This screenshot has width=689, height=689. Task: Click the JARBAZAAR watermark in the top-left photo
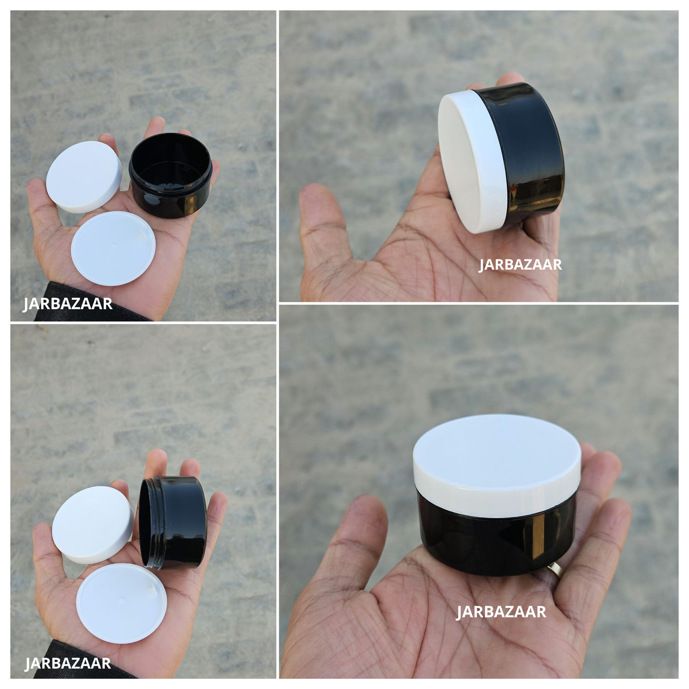click(x=67, y=304)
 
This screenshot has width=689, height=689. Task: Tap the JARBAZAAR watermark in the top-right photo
click(x=520, y=265)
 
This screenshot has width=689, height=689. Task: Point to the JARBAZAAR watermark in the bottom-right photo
click(x=501, y=612)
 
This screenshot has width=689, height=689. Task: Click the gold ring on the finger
click(x=555, y=569)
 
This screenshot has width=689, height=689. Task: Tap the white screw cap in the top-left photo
click(x=84, y=177)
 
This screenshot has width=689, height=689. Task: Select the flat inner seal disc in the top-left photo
click(x=113, y=248)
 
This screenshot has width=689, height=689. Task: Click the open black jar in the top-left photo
click(x=171, y=175)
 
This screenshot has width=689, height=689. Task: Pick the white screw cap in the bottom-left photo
click(x=92, y=525)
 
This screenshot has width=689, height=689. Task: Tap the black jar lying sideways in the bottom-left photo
click(x=173, y=523)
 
